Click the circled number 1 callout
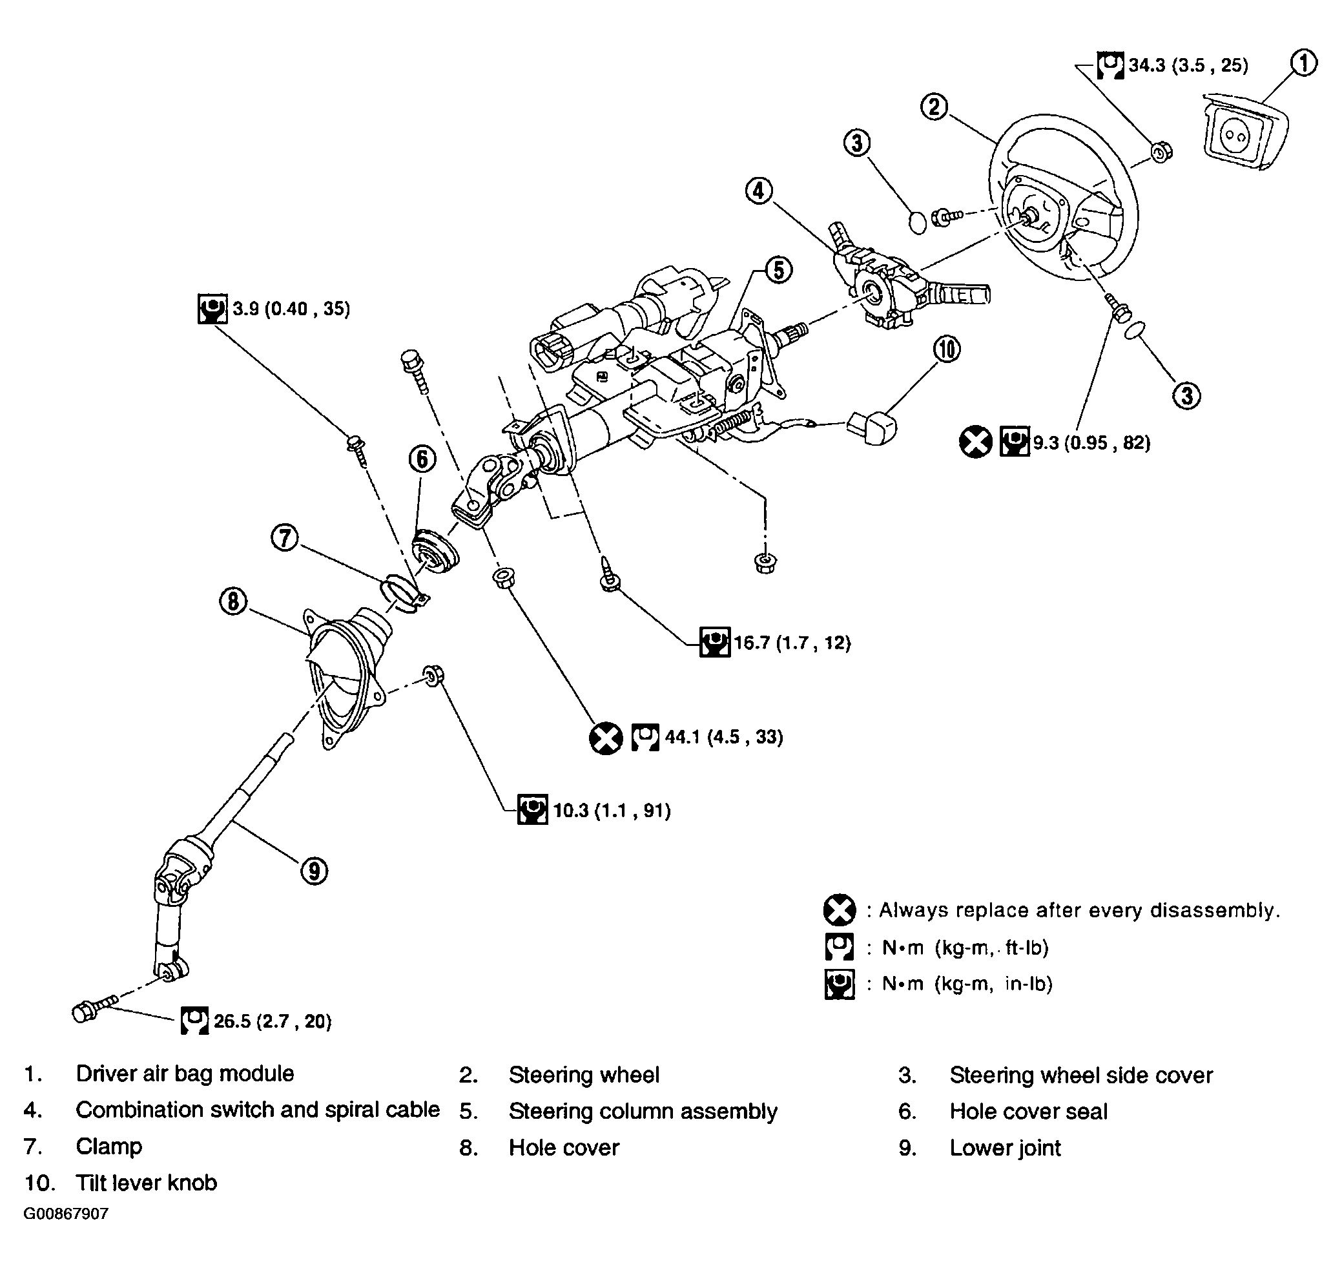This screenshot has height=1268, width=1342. point(1303,63)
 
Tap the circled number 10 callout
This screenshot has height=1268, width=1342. point(947,349)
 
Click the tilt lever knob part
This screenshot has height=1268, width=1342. point(872,426)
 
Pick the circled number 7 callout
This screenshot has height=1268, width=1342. point(285,538)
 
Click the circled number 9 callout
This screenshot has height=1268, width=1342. point(313,871)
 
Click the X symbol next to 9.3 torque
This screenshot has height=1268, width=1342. point(975,442)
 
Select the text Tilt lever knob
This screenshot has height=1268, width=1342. point(146,1183)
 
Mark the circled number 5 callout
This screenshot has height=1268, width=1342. point(778,270)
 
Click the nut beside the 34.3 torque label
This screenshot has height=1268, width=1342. point(1161,152)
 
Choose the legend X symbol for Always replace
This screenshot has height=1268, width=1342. point(840,909)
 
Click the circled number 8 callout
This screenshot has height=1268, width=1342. point(233,601)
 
